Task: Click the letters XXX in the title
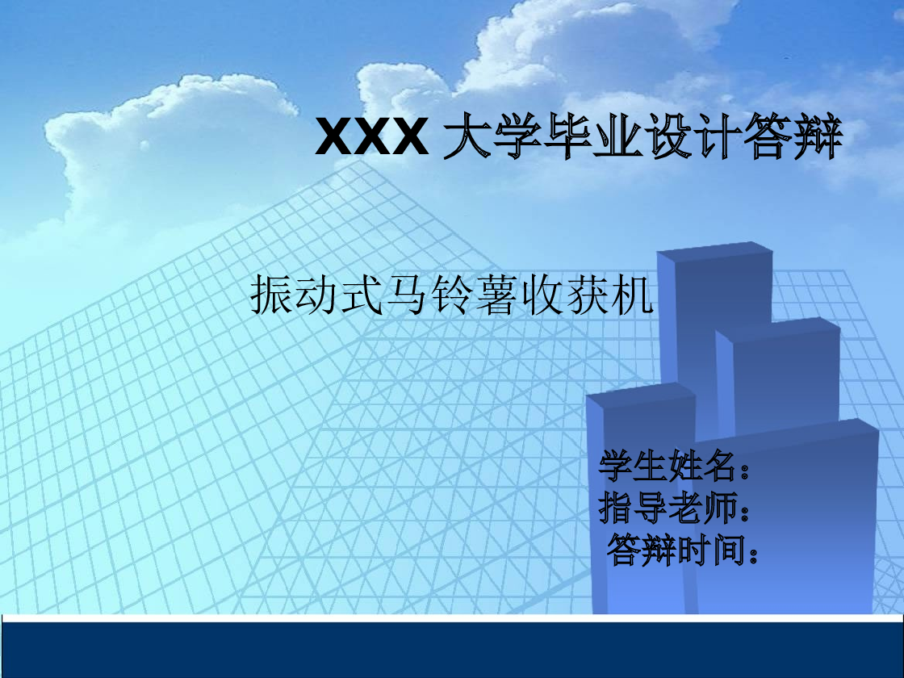(x=370, y=137)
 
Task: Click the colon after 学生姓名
(x=744, y=468)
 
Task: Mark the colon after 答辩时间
(x=754, y=554)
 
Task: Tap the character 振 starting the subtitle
(x=272, y=295)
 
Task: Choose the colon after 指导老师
(x=744, y=511)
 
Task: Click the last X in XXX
(x=409, y=137)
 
